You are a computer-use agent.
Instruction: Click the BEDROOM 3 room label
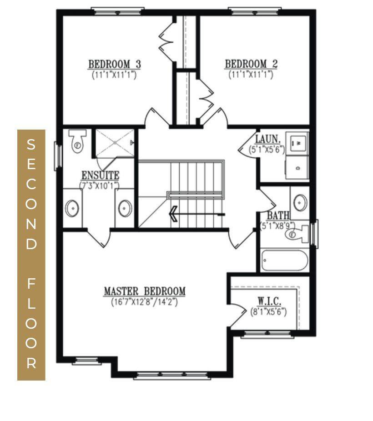tap(114, 64)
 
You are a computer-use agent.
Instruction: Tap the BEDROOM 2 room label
tap(251, 64)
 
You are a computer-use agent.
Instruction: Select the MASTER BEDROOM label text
tap(144, 291)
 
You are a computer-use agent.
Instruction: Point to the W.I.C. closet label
tap(269, 301)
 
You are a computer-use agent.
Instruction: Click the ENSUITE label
tap(100, 175)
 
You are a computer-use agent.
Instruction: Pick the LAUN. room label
tap(267, 139)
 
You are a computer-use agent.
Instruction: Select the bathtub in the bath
tap(285, 261)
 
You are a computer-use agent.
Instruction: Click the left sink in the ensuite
tap(72, 208)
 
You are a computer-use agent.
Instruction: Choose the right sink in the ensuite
tap(125, 208)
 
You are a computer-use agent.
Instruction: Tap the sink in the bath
tap(300, 201)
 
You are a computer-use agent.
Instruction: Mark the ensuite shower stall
tap(114, 142)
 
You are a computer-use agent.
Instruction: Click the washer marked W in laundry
tap(297, 143)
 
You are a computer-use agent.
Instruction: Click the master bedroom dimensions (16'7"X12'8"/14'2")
tap(144, 301)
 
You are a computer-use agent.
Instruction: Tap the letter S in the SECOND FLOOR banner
tap(31, 145)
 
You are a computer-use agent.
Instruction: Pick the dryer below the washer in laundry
tap(297, 167)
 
